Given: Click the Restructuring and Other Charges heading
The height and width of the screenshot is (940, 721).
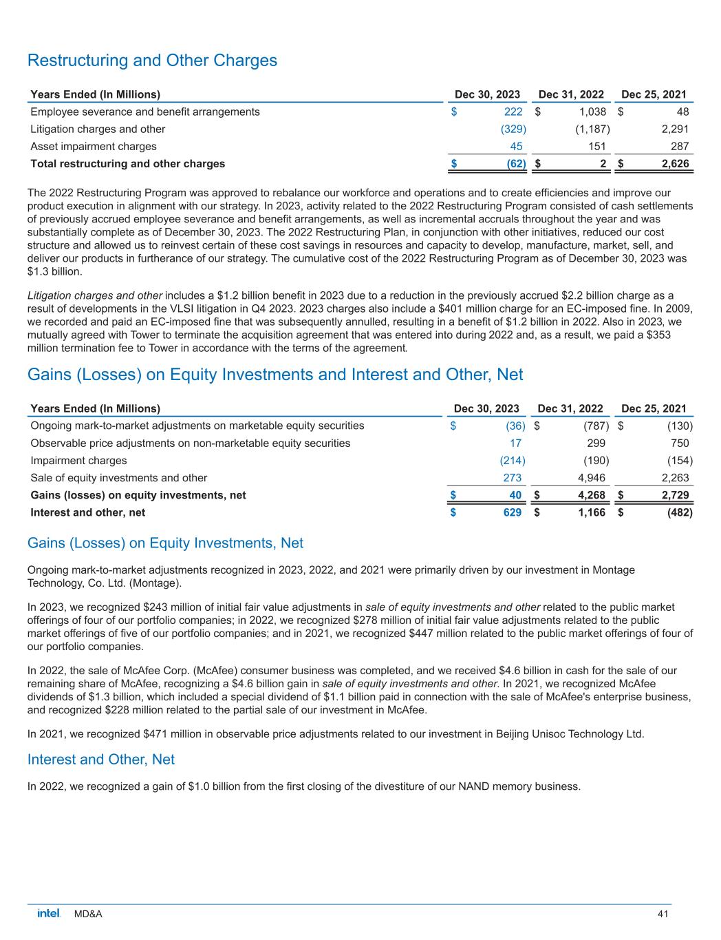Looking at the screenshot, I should tap(152, 61).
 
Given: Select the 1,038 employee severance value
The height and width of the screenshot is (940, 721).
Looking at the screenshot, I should tap(592, 112).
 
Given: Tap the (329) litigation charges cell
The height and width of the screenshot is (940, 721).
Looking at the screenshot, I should tap(513, 129).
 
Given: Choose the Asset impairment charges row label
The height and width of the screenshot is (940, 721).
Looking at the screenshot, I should tap(94, 146).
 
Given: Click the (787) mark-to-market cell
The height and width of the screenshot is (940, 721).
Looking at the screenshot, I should tap(595, 426).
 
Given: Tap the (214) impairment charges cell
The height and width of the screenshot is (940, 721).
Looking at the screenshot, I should tap(512, 460).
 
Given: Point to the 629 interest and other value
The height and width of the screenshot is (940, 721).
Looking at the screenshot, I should tap(512, 512).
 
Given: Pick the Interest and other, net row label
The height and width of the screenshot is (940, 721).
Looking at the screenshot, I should tap(88, 512).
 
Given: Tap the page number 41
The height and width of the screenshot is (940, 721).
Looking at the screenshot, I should tap(663, 914).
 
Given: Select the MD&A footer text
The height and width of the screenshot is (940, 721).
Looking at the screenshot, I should tap(88, 914).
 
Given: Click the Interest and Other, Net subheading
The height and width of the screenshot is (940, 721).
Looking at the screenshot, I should tap(101, 760).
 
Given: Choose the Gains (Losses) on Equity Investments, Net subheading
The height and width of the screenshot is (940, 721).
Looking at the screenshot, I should tap(165, 543).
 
